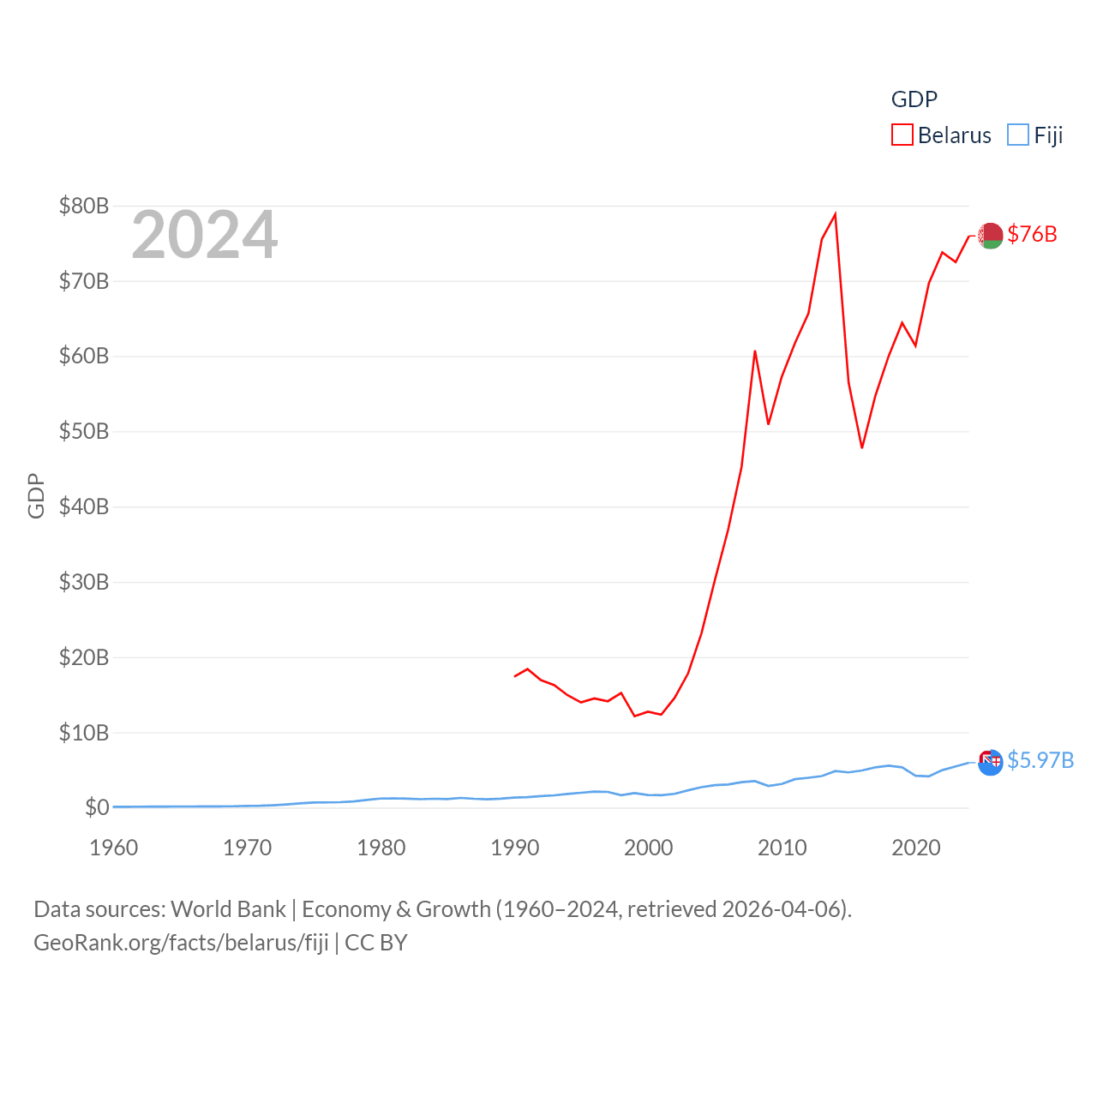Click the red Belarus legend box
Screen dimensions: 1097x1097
(x=902, y=135)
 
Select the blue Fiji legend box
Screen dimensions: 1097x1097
(x=1018, y=135)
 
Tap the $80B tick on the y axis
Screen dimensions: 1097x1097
(x=83, y=206)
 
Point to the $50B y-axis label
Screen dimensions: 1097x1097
(x=83, y=431)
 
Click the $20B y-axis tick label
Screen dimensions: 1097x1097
(x=83, y=657)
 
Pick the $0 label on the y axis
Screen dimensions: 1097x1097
(x=97, y=807)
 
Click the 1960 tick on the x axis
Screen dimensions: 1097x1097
(x=114, y=848)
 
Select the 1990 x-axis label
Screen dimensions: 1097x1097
(x=515, y=848)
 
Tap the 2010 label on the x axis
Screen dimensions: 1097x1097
(x=782, y=848)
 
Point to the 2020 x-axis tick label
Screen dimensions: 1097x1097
(x=916, y=848)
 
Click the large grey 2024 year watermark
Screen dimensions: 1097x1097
(x=204, y=234)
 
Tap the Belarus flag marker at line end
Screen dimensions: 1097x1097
(x=991, y=235)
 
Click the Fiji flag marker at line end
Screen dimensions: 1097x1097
(x=991, y=761)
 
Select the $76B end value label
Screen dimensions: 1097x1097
(x=1032, y=234)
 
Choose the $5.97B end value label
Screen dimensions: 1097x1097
(x=1040, y=760)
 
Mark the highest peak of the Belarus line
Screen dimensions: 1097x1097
(x=836, y=214)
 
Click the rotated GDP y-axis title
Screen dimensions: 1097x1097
(x=36, y=495)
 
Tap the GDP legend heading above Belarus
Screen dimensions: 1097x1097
(x=914, y=99)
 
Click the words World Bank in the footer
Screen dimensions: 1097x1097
(x=229, y=908)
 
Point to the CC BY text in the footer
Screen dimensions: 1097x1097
(x=375, y=943)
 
